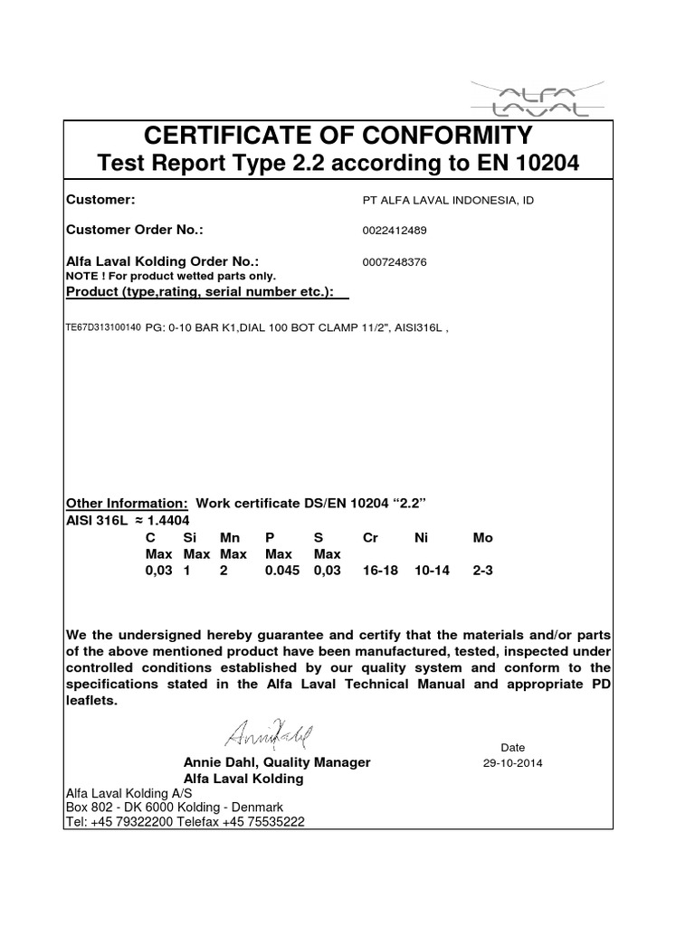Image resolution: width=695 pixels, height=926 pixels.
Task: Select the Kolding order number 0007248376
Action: coord(394,261)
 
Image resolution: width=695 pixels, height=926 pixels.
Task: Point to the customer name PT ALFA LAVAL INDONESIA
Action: coord(447,199)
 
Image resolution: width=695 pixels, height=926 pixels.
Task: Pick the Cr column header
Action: coord(369,537)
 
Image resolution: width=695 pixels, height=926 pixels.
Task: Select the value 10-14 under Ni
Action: coord(431,571)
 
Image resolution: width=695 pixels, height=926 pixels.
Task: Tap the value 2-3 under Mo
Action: coord(485,571)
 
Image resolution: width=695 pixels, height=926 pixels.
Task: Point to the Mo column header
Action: coord(483,537)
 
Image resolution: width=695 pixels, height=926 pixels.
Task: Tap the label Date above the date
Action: coord(512,747)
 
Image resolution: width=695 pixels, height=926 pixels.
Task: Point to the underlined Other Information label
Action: coord(128,503)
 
